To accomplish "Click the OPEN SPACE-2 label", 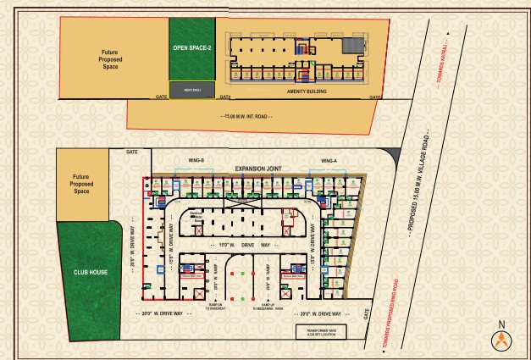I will tap(191, 48).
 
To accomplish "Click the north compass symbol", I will tap(502, 337).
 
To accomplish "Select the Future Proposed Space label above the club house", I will tap(81, 185).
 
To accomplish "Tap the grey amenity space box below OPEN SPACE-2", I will tap(191, 89).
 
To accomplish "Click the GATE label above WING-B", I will tap(131, 151).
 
